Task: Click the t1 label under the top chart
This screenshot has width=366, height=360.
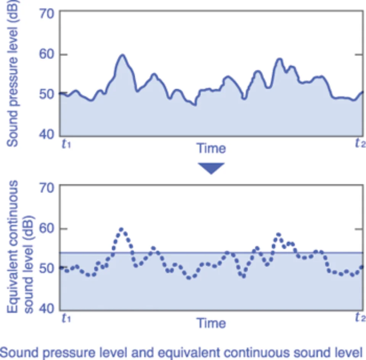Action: tap(66, 144)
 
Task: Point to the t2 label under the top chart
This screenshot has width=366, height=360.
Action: tap(360, 143)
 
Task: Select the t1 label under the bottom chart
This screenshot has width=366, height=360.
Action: tap(66, 318)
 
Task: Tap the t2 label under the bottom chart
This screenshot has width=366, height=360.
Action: tap(360, 318)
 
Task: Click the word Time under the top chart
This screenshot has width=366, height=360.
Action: tap(211, 148)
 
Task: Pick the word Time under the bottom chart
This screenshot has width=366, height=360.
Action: tap(211, 323)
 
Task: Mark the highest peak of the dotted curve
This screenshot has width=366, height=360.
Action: tap(122, 229)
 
